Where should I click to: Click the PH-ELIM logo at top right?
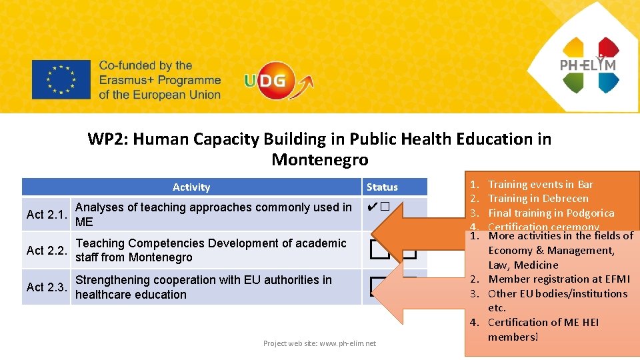[589, 65]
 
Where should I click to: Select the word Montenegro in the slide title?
[319, 160]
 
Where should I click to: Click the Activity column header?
[191, 187]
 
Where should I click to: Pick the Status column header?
[382, 187]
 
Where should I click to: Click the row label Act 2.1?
[47, 215]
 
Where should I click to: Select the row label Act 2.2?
[47, 251]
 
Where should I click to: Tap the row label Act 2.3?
[47, 287]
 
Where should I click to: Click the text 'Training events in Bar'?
[540, 184]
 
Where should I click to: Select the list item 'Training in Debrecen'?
[538, 198]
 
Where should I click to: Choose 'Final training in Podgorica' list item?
[551, 213]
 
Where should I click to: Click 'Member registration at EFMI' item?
[559, 279]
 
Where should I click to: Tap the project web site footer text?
[319, 343]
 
